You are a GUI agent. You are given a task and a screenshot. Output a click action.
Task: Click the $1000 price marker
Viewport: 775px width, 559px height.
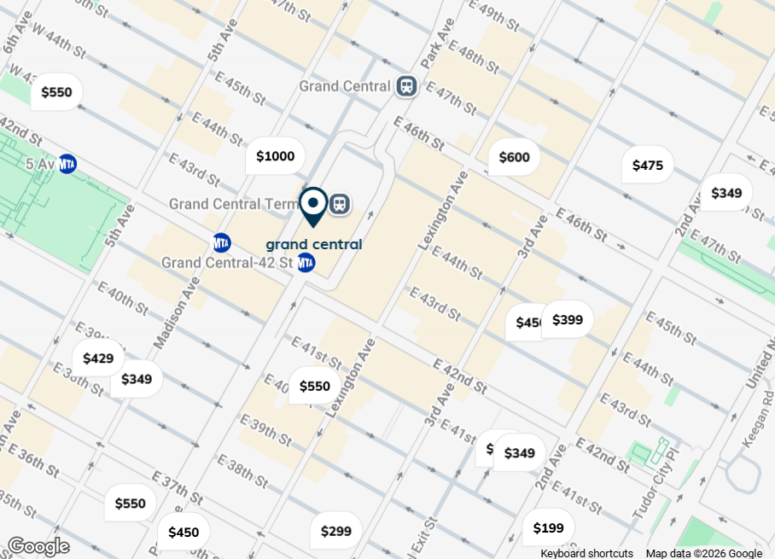275,156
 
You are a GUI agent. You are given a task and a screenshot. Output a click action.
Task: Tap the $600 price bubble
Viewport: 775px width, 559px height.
514,157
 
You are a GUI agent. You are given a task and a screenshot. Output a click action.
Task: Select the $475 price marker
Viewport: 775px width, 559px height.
647,166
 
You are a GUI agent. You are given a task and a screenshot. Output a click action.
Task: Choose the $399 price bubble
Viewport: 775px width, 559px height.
568,320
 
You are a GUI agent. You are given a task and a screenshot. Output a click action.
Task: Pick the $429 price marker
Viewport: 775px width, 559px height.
98,358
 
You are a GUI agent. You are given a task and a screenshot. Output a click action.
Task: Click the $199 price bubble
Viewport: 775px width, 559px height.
548,528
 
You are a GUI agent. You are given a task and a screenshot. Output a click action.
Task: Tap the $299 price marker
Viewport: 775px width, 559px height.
335,532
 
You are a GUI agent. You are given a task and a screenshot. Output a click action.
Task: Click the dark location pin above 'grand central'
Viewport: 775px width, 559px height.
313,206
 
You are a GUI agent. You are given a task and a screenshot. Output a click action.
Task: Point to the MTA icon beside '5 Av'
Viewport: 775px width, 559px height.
67,164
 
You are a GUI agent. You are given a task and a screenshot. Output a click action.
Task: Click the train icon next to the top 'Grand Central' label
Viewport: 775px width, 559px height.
406,86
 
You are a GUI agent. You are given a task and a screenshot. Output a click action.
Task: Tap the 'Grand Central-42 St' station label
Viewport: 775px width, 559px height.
226,262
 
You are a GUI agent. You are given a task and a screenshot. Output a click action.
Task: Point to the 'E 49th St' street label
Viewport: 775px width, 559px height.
495,15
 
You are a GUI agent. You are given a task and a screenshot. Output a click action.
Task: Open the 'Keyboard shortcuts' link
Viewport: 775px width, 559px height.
586,553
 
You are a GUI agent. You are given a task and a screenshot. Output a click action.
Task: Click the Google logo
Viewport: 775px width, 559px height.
38,546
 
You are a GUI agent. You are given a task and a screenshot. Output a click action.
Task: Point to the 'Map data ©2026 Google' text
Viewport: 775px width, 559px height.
704,553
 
